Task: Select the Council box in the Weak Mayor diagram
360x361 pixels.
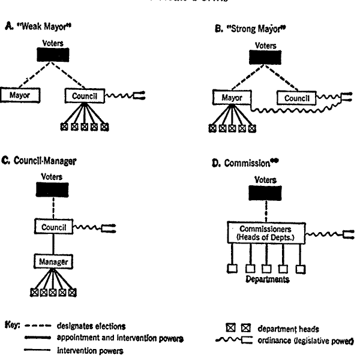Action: point(84,95)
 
